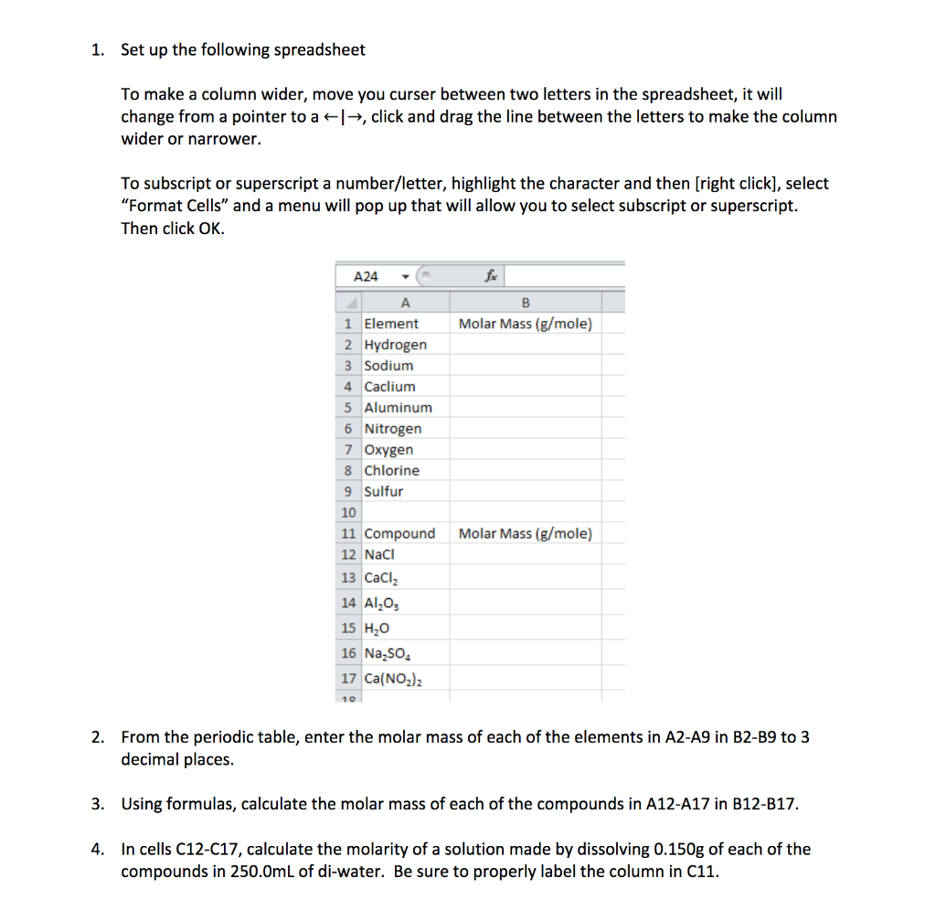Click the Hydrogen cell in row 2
[395, 345]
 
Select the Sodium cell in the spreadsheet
[388, 366]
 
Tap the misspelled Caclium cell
[389, 387]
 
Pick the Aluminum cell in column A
[398, 408]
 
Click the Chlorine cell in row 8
[391, 471]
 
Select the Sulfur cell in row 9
[383, 492]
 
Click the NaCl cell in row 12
[378, 555]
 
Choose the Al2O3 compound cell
[382, 604]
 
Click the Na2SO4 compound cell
[388, 654]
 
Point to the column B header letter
[525, 303]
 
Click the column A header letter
[405, 303]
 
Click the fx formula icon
[491, 275]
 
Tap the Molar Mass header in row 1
[525, 324]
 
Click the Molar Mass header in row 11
[525, 534]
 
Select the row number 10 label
[348, 513]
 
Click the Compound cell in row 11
[399, 534]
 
